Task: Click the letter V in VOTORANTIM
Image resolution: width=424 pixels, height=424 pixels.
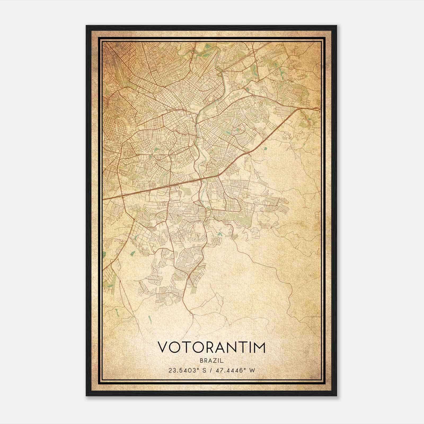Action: [163, 347]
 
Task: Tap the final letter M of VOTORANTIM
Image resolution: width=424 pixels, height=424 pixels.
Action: [259, 347]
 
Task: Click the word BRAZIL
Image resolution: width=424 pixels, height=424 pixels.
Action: [212, 360]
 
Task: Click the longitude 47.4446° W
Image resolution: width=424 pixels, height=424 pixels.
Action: [235, 370]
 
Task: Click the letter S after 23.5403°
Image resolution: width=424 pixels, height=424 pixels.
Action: [204, 370]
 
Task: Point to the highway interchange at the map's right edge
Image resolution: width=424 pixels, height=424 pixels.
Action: [315, 108]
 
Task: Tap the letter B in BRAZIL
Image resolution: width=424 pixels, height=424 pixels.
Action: [202, 360]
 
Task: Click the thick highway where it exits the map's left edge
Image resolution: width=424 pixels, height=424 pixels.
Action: [104, 199]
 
